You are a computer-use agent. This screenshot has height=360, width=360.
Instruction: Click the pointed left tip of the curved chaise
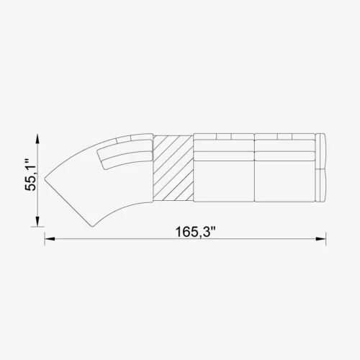46,177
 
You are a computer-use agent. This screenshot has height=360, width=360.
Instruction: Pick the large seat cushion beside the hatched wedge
225,184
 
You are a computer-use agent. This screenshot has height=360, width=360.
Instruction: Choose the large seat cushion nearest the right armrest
284,184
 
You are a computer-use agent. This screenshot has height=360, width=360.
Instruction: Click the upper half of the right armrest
322,150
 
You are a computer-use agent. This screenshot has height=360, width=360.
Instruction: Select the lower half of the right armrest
322,184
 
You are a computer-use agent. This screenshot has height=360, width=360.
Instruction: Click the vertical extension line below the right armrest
325,223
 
